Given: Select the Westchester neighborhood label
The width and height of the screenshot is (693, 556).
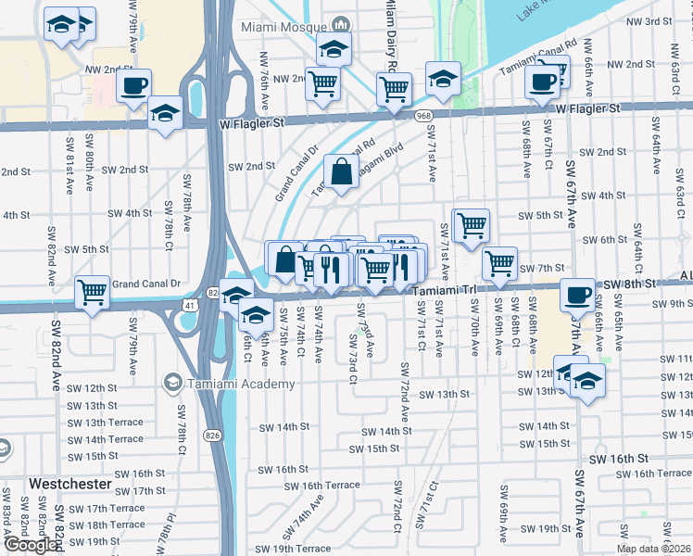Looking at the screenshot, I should point(69,484).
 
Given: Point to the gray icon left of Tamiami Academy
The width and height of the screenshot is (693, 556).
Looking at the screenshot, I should point(171,383).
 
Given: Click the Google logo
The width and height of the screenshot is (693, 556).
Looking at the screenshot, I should point(30,546).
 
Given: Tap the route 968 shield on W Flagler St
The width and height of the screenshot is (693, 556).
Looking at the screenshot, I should point(423,115).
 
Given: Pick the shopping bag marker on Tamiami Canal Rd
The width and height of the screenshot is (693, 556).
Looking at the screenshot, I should point(341,171).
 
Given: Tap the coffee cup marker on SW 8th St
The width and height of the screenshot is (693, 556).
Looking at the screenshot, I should point(578,296).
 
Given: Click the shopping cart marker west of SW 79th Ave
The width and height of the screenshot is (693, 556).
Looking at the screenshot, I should point(93,293).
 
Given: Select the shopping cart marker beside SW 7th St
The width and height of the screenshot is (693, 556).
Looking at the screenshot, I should point(499,263).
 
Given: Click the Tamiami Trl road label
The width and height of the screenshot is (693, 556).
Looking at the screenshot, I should point(444,290).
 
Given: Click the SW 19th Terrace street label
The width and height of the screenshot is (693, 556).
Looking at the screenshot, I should point(274,549).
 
